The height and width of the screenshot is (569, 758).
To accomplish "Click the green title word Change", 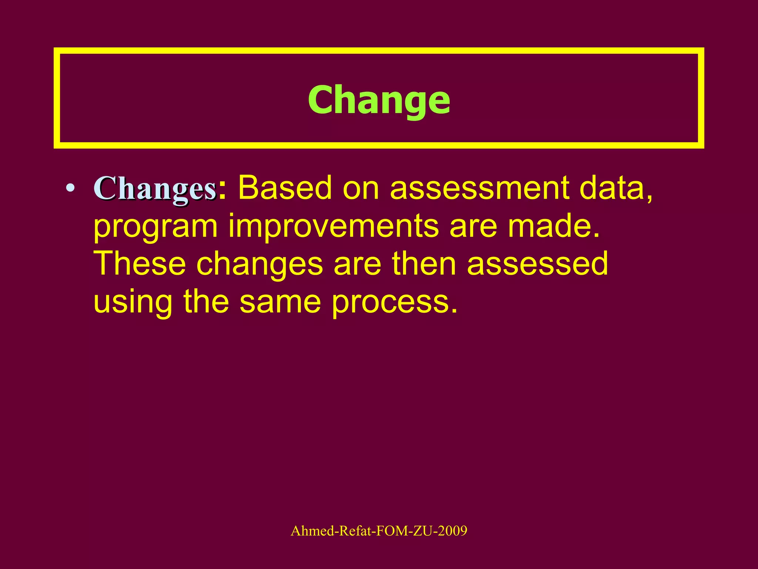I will (x=379, y=100).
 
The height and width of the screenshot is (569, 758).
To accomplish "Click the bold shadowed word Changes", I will (x=155, y=189).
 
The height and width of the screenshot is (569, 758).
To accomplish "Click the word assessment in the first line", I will (x=479, y=188).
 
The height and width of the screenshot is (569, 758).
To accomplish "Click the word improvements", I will (x=333, y=227).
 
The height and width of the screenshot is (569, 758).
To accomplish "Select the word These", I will (x=140, y=263).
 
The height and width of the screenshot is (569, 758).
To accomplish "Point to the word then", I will (x=424, y=263).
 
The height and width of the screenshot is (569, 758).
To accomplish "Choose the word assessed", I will (x=537, y=263).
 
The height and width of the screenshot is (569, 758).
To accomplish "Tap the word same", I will (x=280, y=302).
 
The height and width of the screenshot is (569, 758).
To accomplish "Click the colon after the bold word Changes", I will (x=222, y=191).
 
